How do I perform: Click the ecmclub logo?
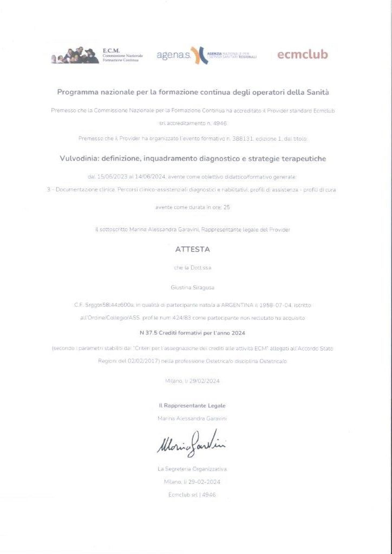point(302,55)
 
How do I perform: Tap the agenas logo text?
point(173,56)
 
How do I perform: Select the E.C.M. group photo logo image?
point(75,55)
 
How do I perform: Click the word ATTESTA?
point(192,249)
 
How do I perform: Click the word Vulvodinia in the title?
point(81,159)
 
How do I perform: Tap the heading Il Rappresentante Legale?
point(192,405)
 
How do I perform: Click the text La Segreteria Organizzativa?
point(192,468)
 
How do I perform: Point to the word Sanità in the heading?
point(317,92)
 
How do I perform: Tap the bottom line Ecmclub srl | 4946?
point(192,494)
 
